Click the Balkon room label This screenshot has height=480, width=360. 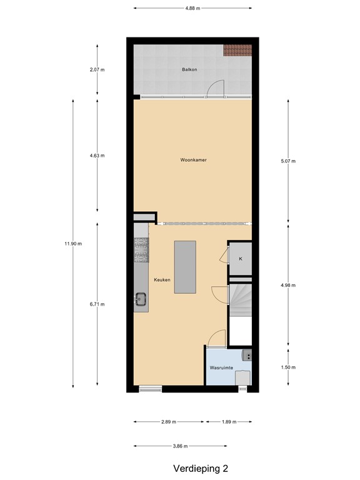[189, 69]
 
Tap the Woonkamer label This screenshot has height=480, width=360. [193, 160]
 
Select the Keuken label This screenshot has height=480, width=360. [162, 279]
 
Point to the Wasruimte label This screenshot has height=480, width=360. [222, 368]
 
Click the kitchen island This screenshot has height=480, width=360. [185, 267]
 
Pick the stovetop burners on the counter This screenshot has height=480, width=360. [141, 251]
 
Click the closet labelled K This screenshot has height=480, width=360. [241, 258]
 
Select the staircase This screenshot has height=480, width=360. [240, 306]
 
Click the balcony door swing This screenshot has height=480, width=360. [214, 89]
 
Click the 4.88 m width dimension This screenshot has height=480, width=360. [193, 9]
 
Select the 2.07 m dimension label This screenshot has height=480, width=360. [97, 70]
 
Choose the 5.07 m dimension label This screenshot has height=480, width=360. [288, 161]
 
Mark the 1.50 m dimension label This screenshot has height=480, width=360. [288, 367]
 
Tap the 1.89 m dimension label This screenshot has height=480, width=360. [230, 422]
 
